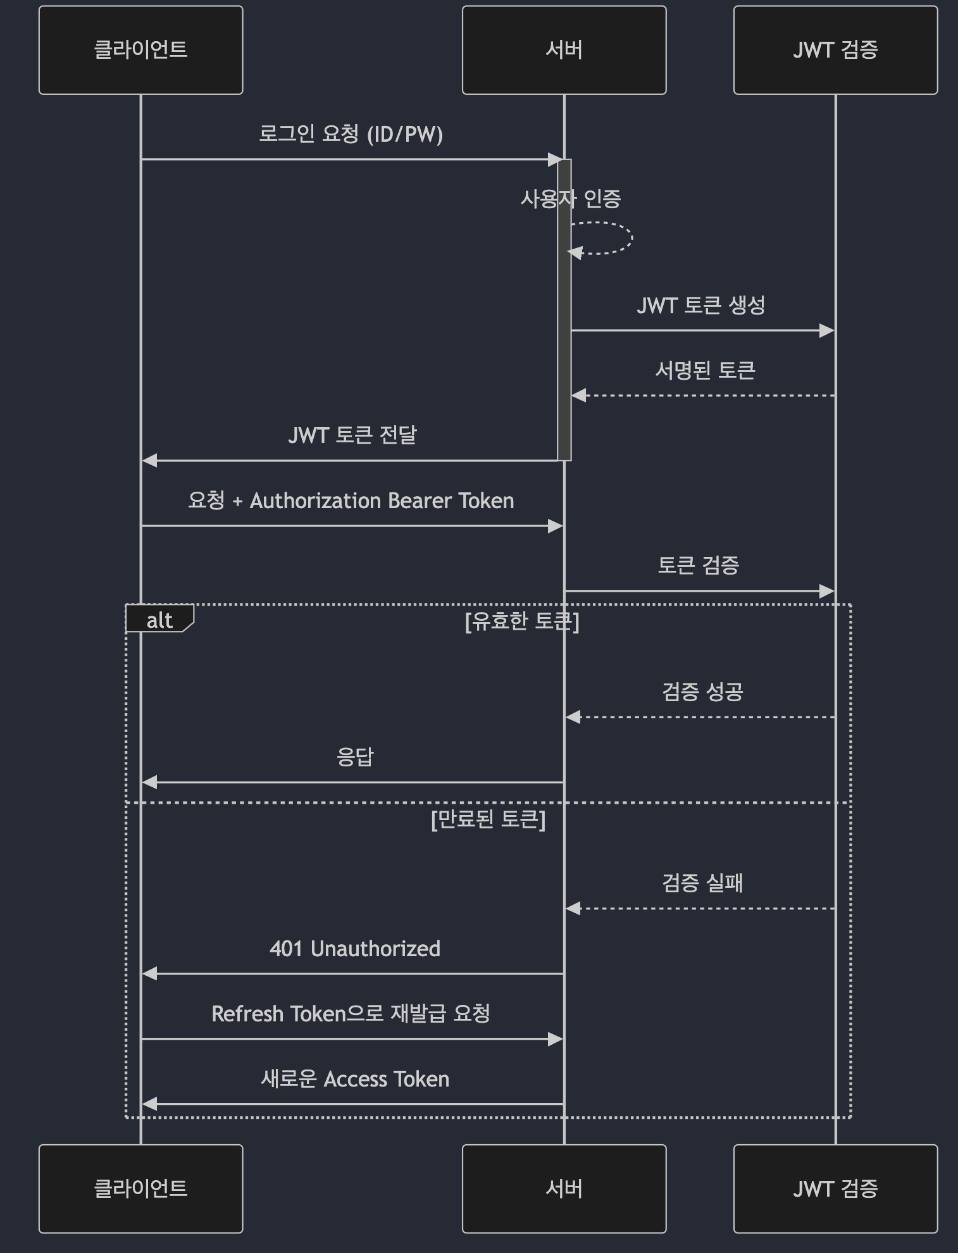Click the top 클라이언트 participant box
pos(140,50)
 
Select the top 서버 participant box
pos(564,50)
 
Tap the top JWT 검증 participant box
pos(835,50)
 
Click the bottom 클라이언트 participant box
pos(140,1188)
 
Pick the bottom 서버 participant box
pos(564,1188)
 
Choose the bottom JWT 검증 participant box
pos(835,1188)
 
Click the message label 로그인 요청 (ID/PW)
pos(351,134)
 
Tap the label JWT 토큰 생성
pos(701,306)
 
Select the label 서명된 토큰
pos(705,371)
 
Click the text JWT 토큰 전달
pos(352,435)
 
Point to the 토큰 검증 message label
pos(699,565)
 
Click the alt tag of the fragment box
pos(159,620)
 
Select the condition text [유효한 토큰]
pos(522,621)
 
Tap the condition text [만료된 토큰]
pos(488,820)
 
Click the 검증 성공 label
pos(702,692)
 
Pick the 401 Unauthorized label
pos(354,949)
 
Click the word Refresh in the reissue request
pos(247,1014)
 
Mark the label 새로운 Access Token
pos(355,1079)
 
